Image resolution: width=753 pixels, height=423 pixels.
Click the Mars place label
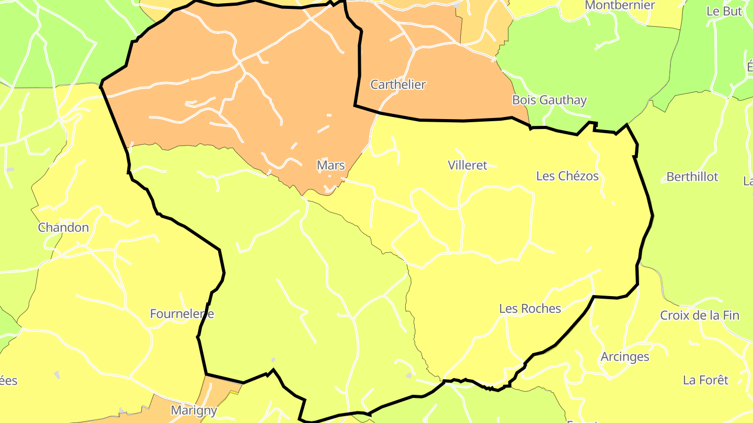(x=331, y=166)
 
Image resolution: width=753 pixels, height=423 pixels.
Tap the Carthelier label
(x=398, y=85)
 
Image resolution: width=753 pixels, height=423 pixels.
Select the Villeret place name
(x=467, y=166)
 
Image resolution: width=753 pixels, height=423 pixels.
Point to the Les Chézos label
(x=567, y=176)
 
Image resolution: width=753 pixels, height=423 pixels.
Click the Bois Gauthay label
(x=549, y=100)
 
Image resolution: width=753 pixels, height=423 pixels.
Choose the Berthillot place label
(x=692, y=177)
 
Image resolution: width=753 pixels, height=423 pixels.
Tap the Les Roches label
(x=530, y=309)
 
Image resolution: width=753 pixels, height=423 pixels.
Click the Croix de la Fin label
(x=700, y=315)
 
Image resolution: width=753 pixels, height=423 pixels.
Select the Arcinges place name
(x=625, y=357)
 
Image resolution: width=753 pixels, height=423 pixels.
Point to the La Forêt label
(x=705, y=380)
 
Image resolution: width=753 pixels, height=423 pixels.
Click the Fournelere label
(x=182, y=314)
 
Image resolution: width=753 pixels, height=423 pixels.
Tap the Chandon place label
(x=63, y=228)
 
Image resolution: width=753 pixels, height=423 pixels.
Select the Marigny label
(x=194, y=410)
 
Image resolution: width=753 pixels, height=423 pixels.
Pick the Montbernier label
(x=620, y=5)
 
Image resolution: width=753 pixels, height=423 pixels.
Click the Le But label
(x=724, y=11)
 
